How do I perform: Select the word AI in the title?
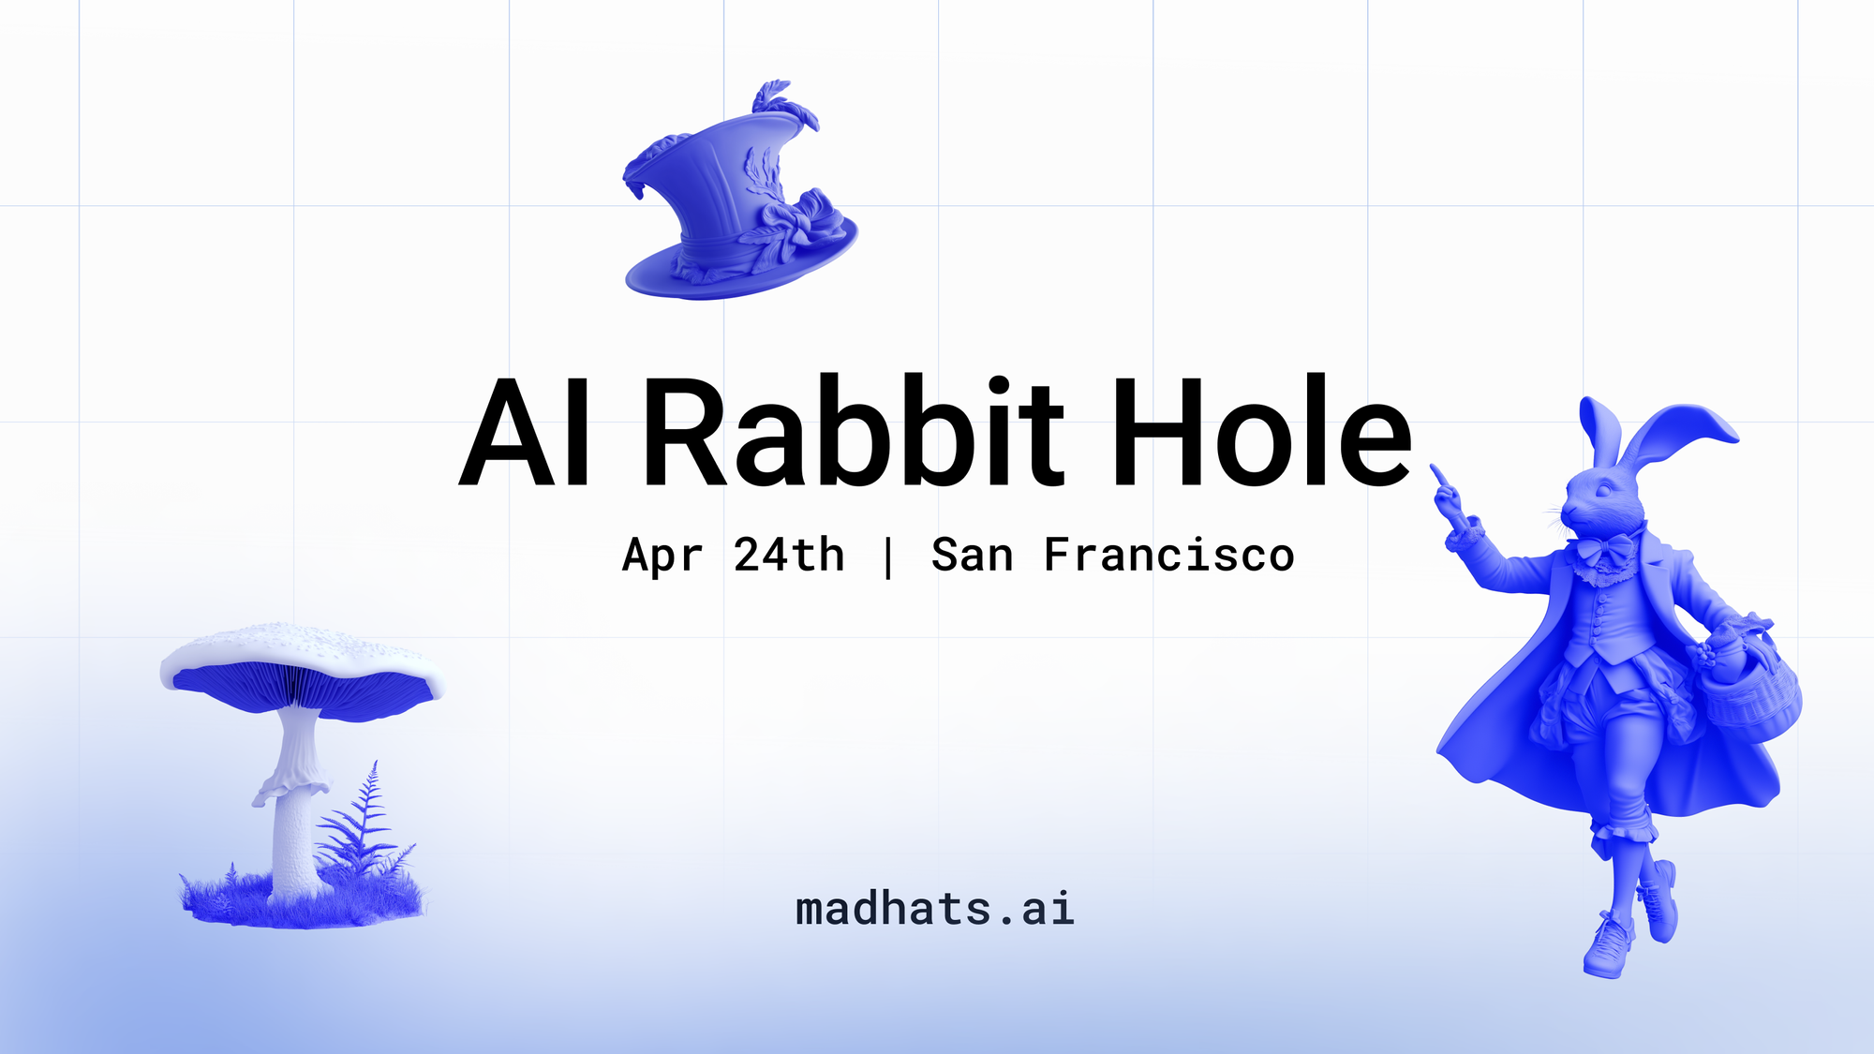(x=525, y=433)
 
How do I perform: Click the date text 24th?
(x=788, y=555)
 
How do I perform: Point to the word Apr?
(x=662, y=557)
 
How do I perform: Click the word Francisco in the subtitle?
(x=1168, y=555)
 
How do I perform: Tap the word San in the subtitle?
(x=972, y=555)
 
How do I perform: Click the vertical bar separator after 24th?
(x=887, y=557)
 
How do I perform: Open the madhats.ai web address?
(x=934, y=909)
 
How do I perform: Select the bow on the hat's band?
(x=796, y=220)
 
